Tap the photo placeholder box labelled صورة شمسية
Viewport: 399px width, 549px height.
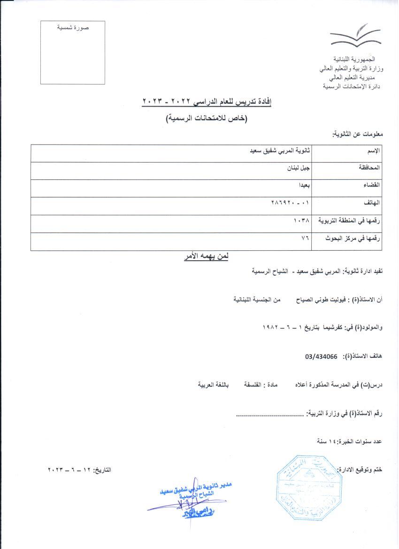coord(72,53)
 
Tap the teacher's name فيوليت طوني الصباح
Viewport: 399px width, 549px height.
coord(309,299)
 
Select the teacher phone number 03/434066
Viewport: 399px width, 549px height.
coord(322,356)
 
